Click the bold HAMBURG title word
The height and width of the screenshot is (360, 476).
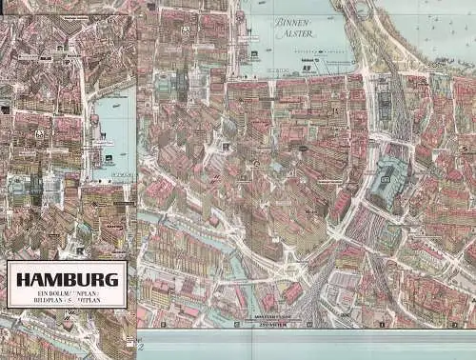(x=66, y=280)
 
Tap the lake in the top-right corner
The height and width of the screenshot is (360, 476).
(x=438, y=24)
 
